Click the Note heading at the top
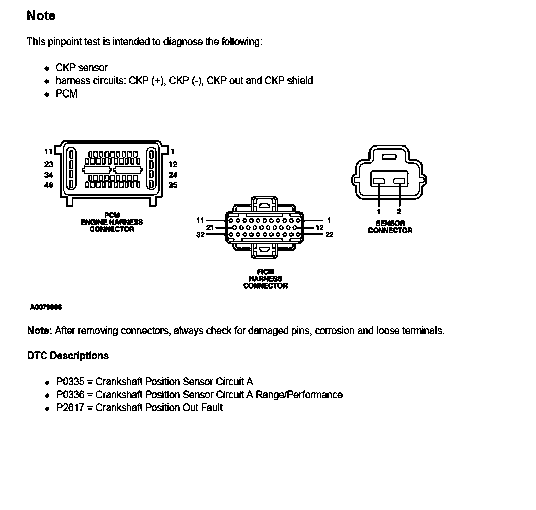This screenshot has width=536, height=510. click(41, 16)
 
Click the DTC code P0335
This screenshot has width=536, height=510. click(70, 382)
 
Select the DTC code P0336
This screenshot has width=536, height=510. click(70, 395)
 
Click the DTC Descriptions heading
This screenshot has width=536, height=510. click(68, 356)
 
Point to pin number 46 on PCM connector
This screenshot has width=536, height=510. click(49, 185)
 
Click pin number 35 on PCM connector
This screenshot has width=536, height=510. click(173, 185)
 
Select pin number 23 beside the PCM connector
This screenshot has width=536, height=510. click(49, 164)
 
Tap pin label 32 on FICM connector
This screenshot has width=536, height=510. click(200, 235)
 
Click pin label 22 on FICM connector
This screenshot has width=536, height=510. click(329, 235)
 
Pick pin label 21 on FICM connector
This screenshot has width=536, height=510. click(210, 227)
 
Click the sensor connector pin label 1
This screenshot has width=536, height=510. click(379, 211)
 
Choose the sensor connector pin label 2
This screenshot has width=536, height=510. click(399, 211)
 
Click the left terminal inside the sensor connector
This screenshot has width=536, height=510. click(379, 181)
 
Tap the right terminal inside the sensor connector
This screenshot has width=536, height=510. click(399, 181)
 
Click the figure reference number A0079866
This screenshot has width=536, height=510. click(46, 307)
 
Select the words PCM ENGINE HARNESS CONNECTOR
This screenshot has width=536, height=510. click(112, 222)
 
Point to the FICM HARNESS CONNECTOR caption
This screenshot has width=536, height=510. click(265, 279)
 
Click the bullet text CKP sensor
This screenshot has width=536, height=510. click(81, 68)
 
